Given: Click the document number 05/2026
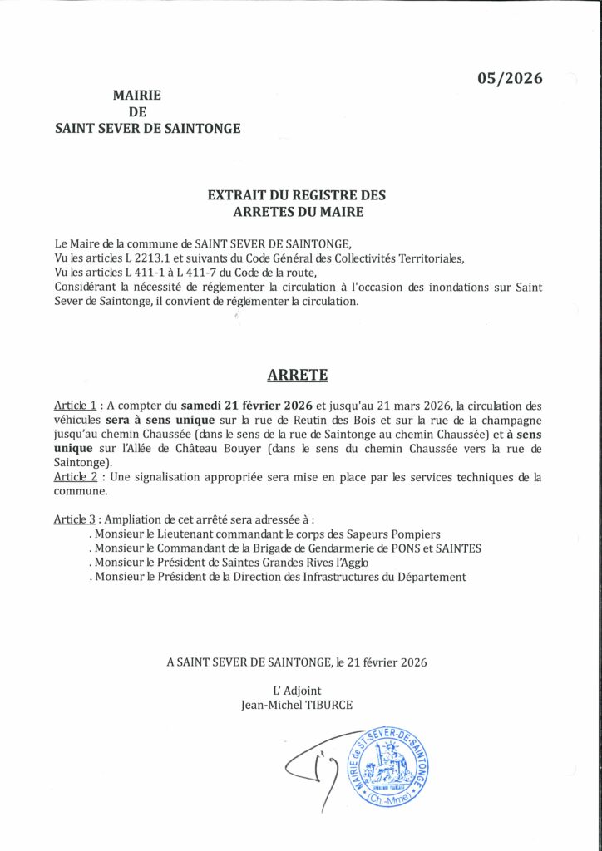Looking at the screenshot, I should click(509, 79).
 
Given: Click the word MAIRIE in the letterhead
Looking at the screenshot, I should click(136, 96).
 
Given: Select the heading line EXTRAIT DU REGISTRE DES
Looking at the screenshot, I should click(297, 195).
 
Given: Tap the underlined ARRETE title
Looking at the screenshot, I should click(297, 375).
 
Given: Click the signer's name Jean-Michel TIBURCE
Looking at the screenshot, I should click(296, 705).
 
